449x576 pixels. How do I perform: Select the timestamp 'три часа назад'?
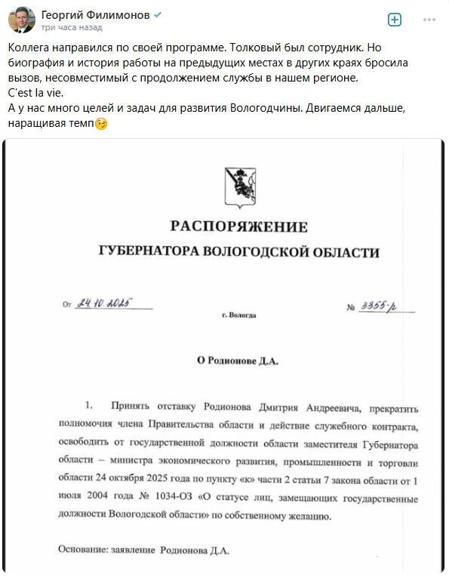[x=72, y=27]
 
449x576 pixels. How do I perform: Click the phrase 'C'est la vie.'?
[x=31, y=95]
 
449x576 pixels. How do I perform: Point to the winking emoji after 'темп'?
[x=101, y=124]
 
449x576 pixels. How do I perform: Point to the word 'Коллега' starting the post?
[x=29, y=48]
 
